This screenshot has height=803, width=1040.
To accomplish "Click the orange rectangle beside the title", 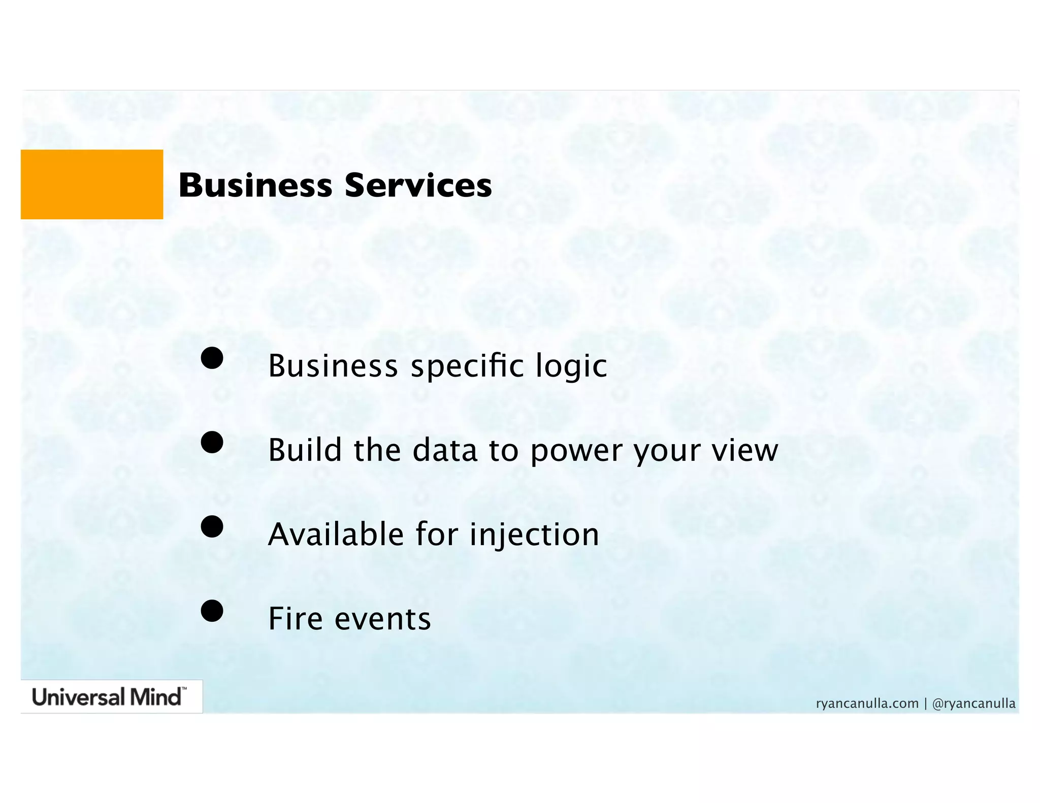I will (92, 184).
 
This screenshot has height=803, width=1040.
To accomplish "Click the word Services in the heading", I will (418, 185).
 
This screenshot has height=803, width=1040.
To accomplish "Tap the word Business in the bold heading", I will (255, 185).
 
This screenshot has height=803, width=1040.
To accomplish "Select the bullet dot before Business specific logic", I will (212, 358).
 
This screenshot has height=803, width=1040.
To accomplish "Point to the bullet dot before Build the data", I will (212, 442).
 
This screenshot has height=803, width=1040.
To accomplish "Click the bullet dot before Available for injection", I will (212, 526).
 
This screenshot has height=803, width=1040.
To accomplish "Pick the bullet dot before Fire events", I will (212, 611).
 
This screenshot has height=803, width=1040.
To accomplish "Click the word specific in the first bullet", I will (467, 366).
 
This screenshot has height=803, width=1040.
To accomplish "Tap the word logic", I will (571, 366).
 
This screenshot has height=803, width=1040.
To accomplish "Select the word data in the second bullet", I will (445, 450).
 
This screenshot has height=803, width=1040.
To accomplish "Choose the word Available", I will (336, 534).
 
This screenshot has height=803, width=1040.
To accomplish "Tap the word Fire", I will (295, 619).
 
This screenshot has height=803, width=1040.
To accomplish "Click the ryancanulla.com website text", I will (867, 704).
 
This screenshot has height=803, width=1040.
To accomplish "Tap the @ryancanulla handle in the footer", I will (974, 704).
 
